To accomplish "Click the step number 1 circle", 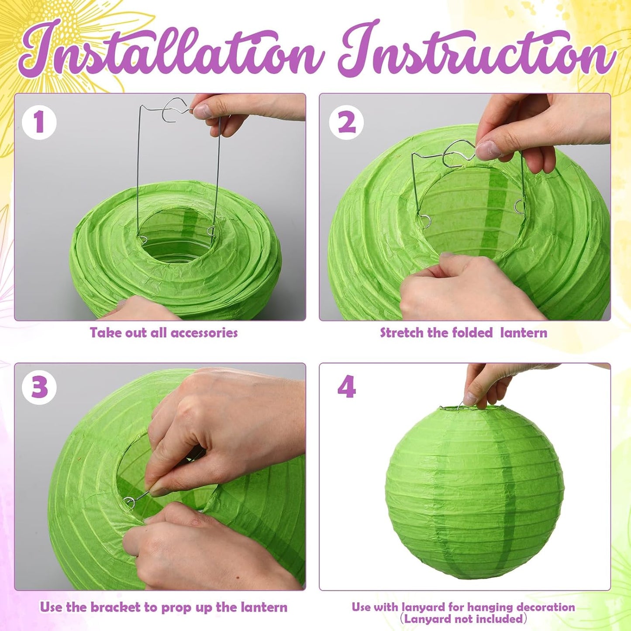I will pyautogui.click(x=39, y=122).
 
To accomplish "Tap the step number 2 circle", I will pyautogui.click(x=346, y=122).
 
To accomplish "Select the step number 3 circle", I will pyautogui.click(x=39, y=387).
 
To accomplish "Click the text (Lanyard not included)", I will pyautogui.click(x=463, y=619).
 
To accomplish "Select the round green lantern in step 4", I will pyautogui.click(x=475, y=493).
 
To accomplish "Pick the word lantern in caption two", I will pyautogui.click(x=524, y=333).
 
